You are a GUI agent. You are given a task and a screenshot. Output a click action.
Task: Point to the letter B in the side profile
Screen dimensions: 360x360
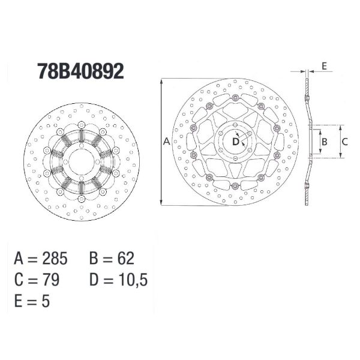click(324, 142)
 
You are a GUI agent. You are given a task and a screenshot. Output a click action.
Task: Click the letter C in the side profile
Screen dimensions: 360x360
click(346, 142)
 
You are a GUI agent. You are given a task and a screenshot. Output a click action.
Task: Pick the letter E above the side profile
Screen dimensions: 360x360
click(324, 66)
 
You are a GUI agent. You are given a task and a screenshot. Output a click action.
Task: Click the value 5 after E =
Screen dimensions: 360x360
click(46, 301)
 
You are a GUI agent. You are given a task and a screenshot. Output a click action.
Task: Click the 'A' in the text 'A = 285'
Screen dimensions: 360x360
click(19, 259)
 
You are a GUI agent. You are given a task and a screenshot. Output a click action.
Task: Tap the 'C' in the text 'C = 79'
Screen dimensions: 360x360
click(19, 280)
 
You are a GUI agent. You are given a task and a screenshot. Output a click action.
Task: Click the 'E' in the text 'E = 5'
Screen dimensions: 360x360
click(19, 301)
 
